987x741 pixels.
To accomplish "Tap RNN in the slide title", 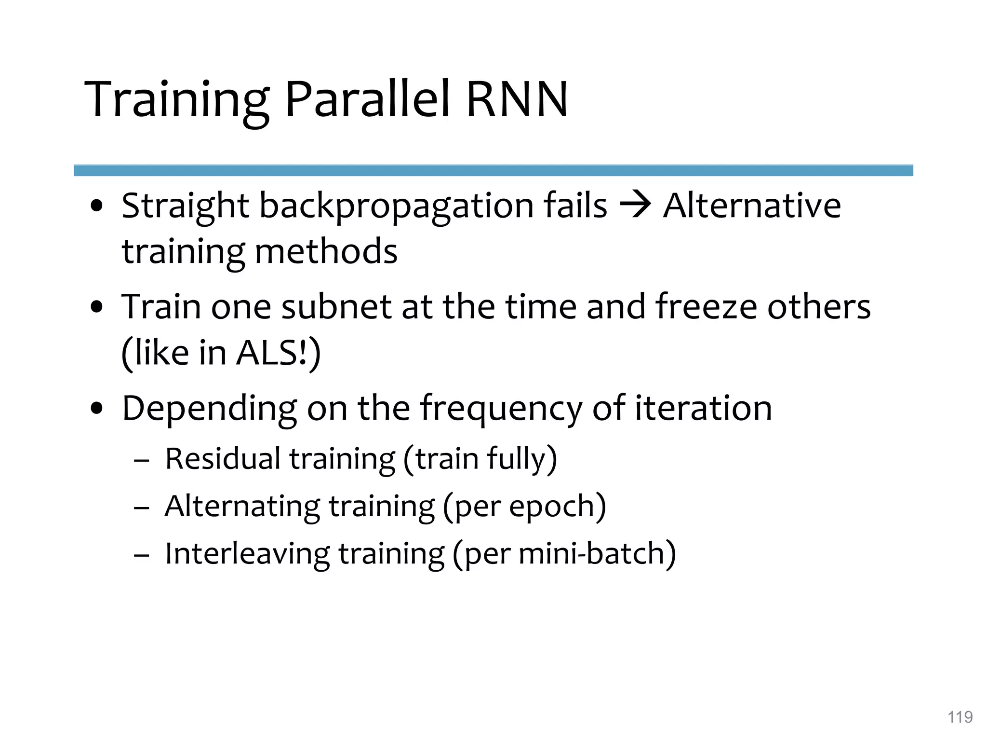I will point(517,100).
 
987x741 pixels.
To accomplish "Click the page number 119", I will point(960,717).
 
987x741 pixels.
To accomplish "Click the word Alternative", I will point(751,206).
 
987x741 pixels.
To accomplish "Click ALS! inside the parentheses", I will point(272,353).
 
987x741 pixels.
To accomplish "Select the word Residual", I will point(222,458).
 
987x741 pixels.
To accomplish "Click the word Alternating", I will point(242,507).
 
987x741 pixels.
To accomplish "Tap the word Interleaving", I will point(247,554).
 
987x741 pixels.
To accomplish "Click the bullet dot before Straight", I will point(97,206).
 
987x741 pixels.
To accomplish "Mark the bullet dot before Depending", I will point(97,409).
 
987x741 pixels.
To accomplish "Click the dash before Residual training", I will point(141,461).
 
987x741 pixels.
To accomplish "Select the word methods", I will point(326,252).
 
